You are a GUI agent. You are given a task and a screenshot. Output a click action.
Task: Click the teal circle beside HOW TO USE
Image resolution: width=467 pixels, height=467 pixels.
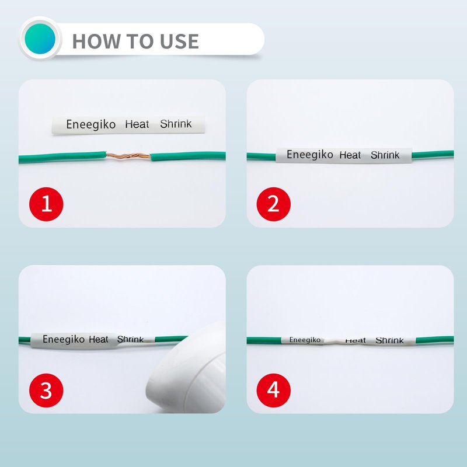coord(40,39)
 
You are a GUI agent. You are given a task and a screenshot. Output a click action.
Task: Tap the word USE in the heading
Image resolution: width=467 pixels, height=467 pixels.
coord(179,41)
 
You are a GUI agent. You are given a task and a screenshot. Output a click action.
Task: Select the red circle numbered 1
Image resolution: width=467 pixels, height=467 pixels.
coord(46,204)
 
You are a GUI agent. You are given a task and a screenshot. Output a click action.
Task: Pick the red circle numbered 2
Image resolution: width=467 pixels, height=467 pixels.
coord(273,204)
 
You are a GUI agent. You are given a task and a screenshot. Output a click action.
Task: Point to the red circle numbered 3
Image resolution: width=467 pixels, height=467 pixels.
coord(46,390)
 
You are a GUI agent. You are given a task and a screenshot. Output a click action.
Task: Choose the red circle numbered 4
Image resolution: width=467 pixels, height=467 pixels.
coord(273,390)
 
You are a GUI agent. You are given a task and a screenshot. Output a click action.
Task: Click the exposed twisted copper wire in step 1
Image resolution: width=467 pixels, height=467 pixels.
coord(128,156)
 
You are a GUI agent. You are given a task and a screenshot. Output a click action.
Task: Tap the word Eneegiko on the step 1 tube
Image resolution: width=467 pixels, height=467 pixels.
coord(91,124)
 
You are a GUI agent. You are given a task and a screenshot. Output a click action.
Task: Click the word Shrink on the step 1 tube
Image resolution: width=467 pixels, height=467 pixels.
coord(176,124)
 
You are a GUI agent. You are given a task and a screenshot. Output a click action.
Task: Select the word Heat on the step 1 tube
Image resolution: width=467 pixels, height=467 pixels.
coord(137,124)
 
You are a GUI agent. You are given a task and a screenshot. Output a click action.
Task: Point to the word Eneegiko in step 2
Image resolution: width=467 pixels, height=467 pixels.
coord(310,155)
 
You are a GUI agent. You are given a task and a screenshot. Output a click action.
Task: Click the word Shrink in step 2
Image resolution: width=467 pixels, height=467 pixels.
coord(385,155)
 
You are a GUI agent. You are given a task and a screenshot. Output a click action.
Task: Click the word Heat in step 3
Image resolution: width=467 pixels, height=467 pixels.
coord(99,339)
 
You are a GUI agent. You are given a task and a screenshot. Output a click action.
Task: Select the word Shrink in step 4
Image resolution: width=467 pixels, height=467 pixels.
coord(389,340)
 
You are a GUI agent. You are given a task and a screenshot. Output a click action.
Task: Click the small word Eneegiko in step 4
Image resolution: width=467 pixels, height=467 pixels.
coord(305,340)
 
